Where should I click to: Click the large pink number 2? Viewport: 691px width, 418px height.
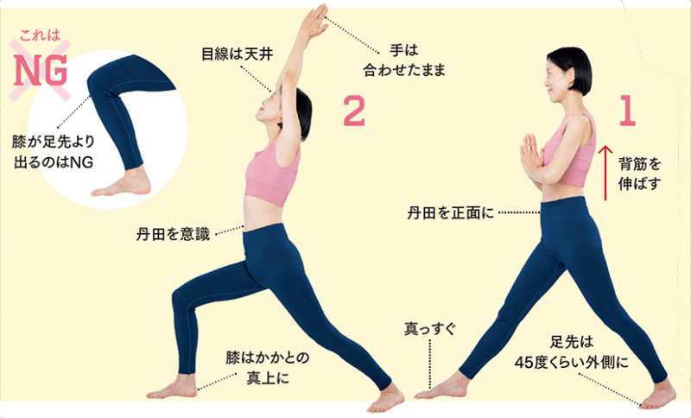point(354,111)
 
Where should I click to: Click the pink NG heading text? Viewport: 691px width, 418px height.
point(41,71)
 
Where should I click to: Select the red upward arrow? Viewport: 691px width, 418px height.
point(605,173)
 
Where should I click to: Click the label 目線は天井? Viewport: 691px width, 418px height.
point(237,54)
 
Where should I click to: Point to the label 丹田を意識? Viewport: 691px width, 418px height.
point(173,234)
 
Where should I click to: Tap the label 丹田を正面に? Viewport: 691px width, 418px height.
point(450,213)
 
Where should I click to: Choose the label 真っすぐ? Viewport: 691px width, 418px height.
point(430,329)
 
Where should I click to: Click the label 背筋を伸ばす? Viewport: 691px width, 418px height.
point(640,174)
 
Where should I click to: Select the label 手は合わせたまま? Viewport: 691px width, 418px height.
point(404,60)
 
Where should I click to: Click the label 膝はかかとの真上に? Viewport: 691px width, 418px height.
point(268,367)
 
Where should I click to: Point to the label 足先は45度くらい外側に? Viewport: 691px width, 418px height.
point(572,352)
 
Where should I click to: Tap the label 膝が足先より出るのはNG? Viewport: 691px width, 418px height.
point(54,152)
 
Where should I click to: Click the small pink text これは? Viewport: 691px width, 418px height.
point(40,35)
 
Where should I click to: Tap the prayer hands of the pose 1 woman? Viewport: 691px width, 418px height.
point(531,158)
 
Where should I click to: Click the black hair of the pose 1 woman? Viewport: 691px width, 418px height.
point(572,68)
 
